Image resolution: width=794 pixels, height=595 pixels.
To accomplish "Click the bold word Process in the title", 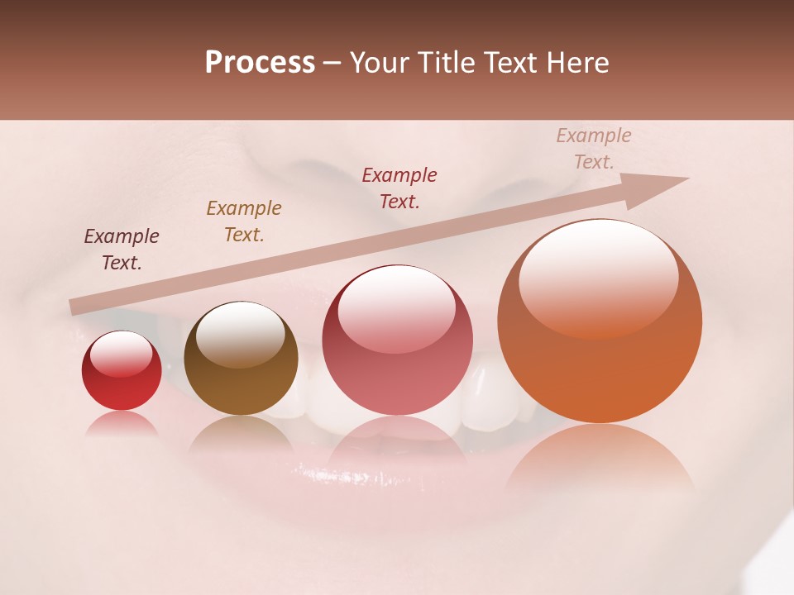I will [260, 63].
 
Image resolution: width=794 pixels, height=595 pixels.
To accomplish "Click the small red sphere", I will [122, 370].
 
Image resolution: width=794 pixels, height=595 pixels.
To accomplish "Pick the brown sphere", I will [241, 358].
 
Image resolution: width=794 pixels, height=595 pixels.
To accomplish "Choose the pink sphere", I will [397, 340].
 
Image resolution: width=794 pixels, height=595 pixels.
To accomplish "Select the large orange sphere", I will [600, 321].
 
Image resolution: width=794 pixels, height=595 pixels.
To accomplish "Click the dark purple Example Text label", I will [122, 250].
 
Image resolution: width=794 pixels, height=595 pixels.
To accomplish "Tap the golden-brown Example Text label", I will [244, 221].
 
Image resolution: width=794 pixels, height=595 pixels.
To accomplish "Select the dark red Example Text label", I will [399, 188].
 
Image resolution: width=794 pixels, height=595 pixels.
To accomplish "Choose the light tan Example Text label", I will [593, 149].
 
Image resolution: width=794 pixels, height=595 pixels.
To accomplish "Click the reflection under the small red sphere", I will [122, 424].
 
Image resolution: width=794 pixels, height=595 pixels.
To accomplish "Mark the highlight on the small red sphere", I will [122, 353].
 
